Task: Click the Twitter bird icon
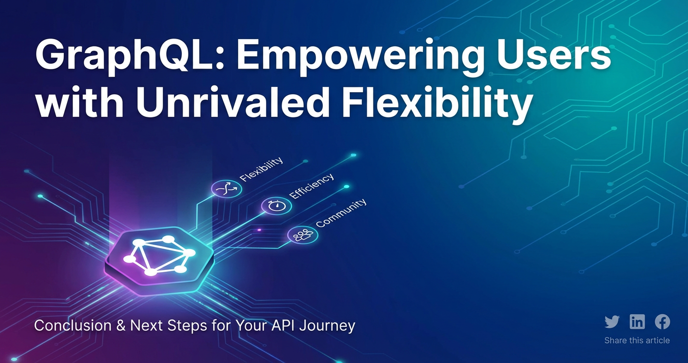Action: pyautogui.click(x=612, y=322)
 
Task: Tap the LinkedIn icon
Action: pyautogui.click(x=637, y=321)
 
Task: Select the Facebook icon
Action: pyautogui.click(x=662, y=321)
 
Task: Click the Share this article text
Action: pyautogui.click(x=637, y=340)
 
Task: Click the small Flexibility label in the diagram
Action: pyautogui.click(x=261, y=169)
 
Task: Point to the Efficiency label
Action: pyautogui.click(x=312, y=186)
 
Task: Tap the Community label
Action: pyautogui.click(x=341, y=213)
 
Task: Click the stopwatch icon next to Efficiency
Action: pyautogui.click(x=276, y=206)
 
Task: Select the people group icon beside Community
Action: pyautogui.click(x=303, y=235)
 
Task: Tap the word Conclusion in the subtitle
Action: pyautogui.click(x=73, y=325)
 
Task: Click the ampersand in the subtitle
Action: pyautogui.click(x=121, y=325)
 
